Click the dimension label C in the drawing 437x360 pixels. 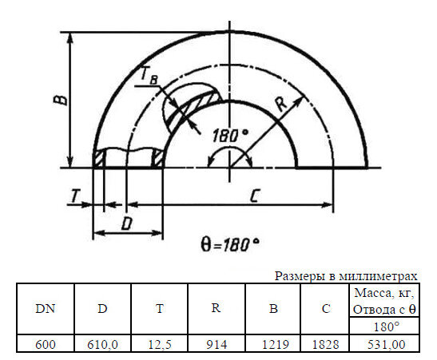pos(252,196)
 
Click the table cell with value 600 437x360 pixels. pos(45,344)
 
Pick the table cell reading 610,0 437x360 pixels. pos(102,344)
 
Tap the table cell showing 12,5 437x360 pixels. pos(160,344)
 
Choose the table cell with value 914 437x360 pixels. pos(217,344)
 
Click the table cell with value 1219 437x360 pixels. pos(273,344)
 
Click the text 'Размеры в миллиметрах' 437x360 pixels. pos(346,275)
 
